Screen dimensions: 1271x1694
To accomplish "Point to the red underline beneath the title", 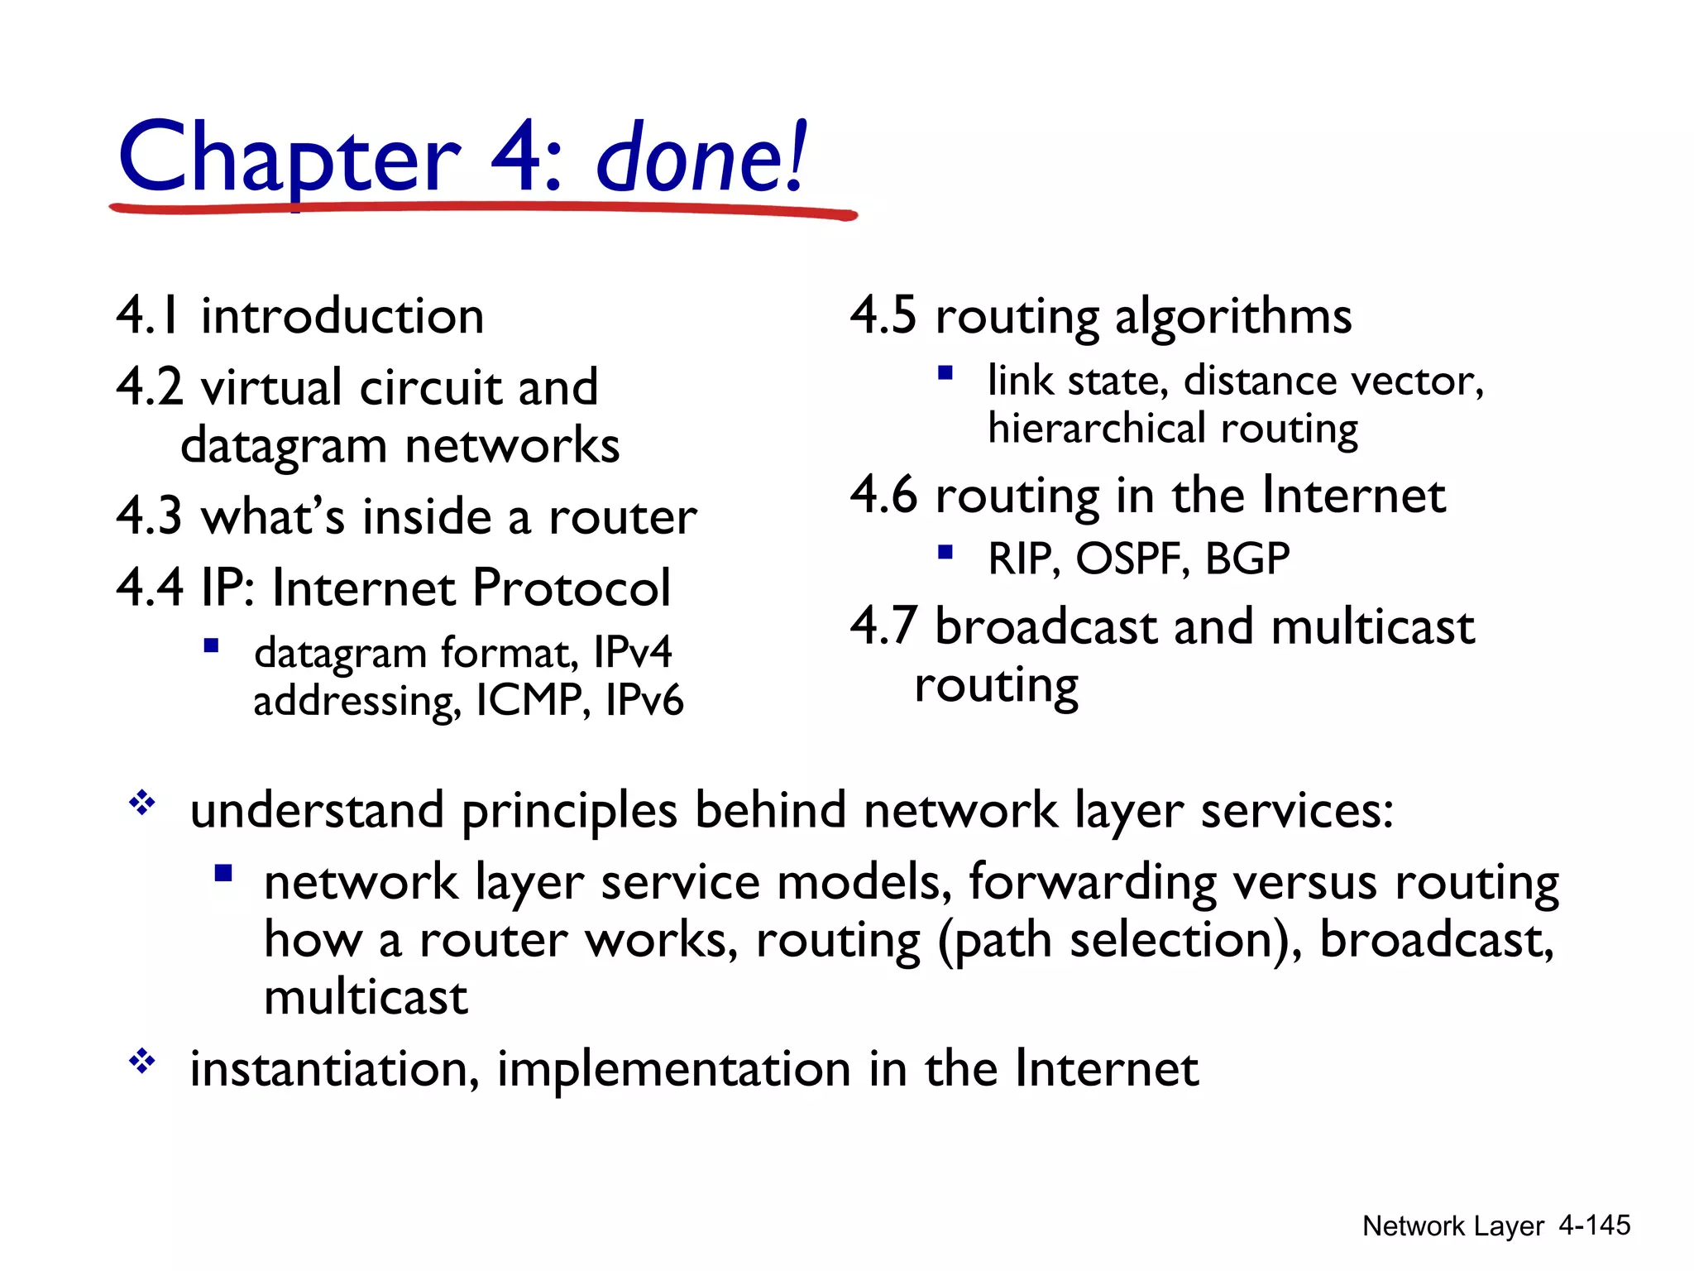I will [x=484, y=208].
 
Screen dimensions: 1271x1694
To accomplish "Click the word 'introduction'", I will [x=342, y=315].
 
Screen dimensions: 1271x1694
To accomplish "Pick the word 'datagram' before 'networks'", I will [x=284, y=446].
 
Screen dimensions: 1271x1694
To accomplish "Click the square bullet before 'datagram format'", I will [x=211, y=645].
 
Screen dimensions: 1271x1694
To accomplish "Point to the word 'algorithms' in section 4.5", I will [x=1233, y=317].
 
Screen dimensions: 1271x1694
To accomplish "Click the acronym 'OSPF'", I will [x=1133, y=559].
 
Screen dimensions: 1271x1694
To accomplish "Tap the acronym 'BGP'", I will [x=1247, y=559].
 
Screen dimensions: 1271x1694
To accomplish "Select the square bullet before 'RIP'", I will [x=945, y=551].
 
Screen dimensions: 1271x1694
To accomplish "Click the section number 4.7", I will [x=883, y=626].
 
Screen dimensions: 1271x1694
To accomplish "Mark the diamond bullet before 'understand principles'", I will [x=142, y=803].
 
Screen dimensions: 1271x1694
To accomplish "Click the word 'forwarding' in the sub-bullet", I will [x=1093, y=882].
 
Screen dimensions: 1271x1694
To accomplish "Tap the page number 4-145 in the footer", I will [x=1594, y=1225].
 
